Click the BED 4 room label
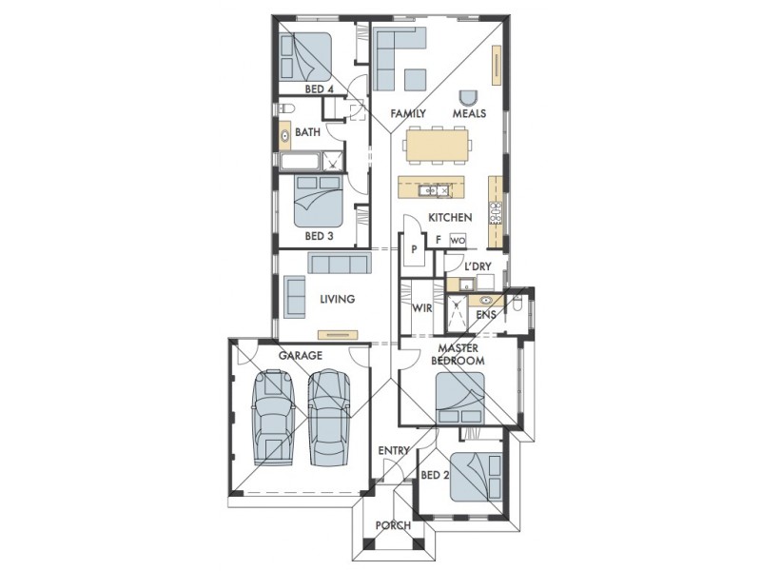319,89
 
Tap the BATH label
307,132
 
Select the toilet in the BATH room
285,108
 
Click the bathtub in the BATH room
300,162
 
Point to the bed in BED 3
319,201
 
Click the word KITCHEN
450,218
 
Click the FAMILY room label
408,113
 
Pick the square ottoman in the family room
416,79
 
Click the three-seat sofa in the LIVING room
339,263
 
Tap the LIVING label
338,299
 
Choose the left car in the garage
273,418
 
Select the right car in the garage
329,418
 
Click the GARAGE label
301,355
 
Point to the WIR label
422,307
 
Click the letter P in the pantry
414,249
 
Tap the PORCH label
393,525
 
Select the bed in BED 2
477,477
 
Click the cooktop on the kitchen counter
496,212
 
